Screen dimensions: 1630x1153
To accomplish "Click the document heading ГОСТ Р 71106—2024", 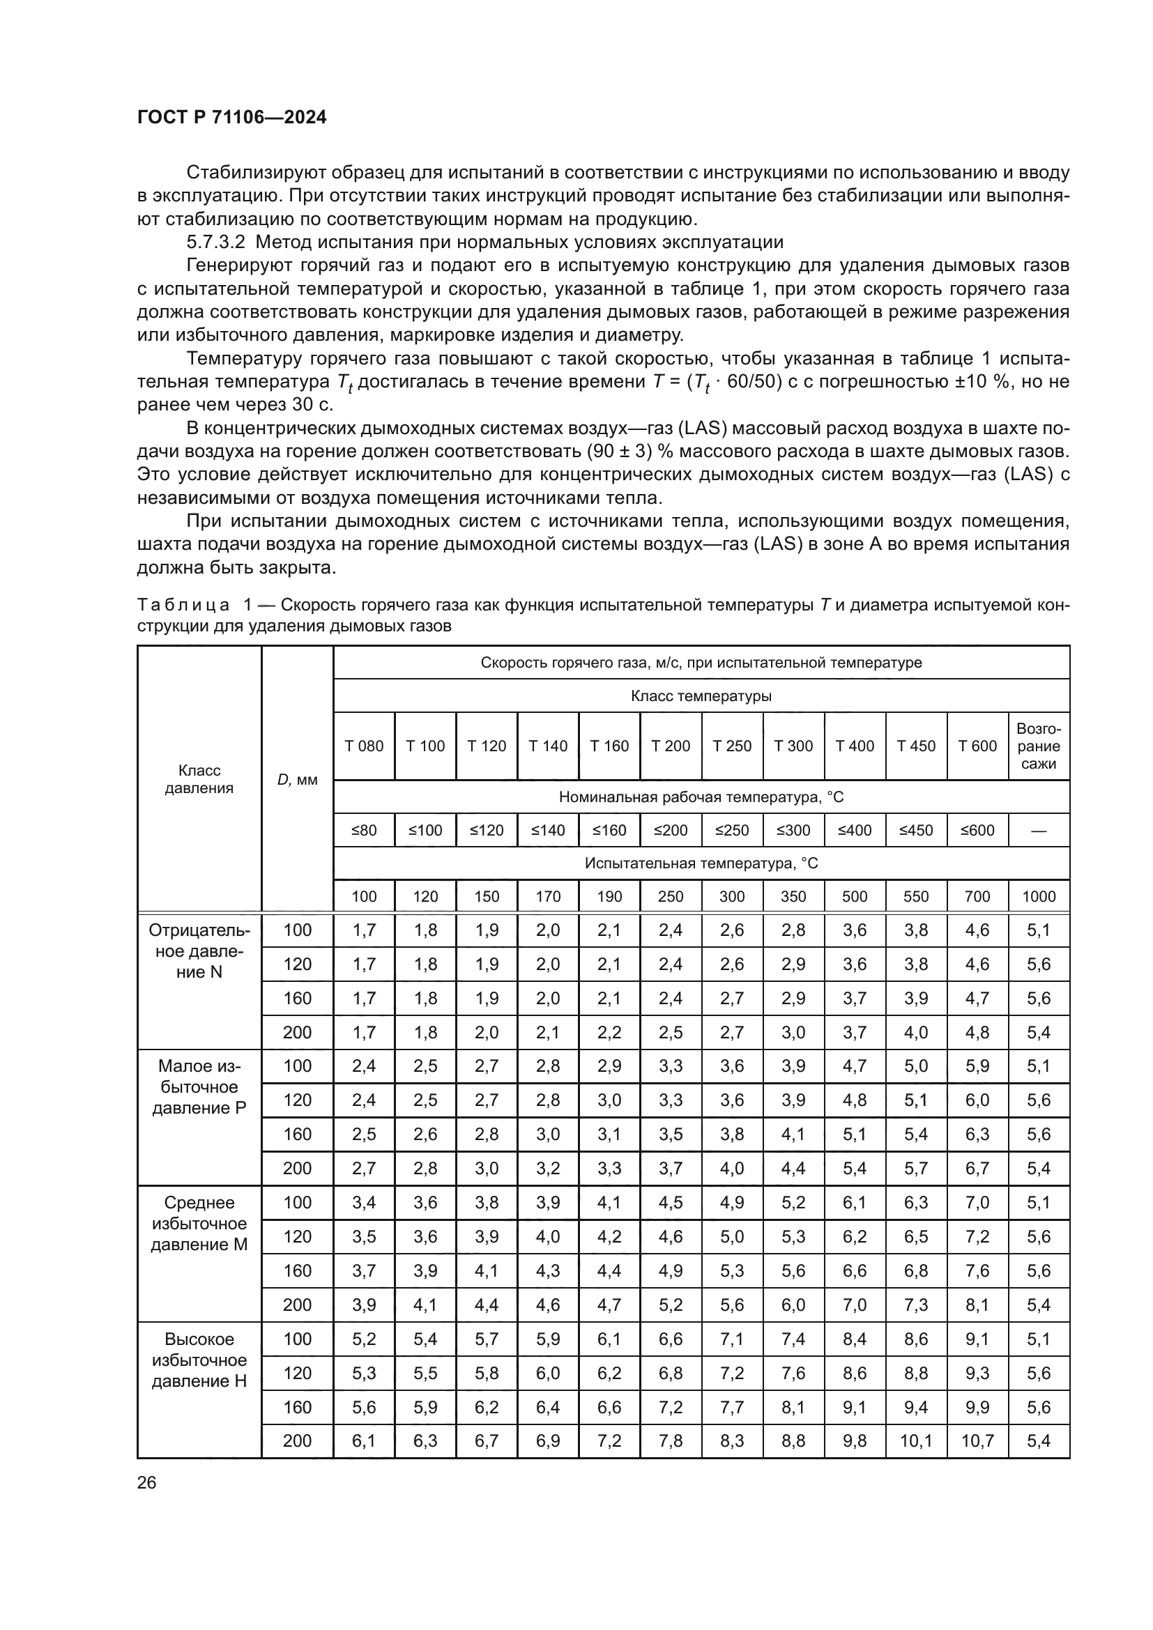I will pyautogui.click(x=231, y=118).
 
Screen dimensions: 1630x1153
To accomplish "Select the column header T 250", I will pyautogui.click(x=731, y=746).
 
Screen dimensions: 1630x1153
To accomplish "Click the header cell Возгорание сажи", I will pyautogui.click(x=1038, y=746).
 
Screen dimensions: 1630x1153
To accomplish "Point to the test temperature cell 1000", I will pyautogui.click(x=1038, y=897).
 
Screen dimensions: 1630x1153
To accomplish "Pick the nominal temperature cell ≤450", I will pyautogui.click(x=915, y=831).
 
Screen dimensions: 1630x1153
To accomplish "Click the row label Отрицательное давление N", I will pyautogui.click(x=199, y=951).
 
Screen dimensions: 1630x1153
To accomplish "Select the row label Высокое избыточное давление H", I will pyautogui.click(x=199, y=1360).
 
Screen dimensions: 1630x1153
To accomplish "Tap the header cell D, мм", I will pyautogui.click(x=297, y=780).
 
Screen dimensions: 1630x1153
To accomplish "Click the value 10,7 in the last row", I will pyautogui.click(x=977, y=1440).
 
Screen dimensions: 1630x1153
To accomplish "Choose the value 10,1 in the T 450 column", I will pyautogui.click(x=915, y=1440).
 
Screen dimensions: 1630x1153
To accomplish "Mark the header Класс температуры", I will pyautogui.click(x=701, y=696).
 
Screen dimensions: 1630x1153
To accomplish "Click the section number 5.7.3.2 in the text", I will pyautogui.click(x=216, y=242).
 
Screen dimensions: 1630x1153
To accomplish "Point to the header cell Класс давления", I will pyautogui.click(x=199, y=780).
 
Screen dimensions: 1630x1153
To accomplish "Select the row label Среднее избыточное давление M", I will pyautogui.click(x=199, y=1224).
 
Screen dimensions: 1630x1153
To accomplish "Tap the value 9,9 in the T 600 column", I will pyautogui.click(x=977, y=1406).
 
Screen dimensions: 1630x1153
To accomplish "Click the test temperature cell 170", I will pyautogui.click(x=547, y=897).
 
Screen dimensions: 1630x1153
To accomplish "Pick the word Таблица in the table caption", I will pyautogui.click(x=183, y=605).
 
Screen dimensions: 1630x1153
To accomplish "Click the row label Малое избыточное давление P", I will pyautogui.click(x=199, y=1088).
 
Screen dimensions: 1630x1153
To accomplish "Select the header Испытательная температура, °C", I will pyautogui.click(x=701, y=863).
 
